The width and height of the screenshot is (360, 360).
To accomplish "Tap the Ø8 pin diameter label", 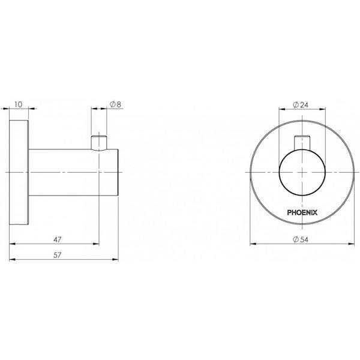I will pos(115,104).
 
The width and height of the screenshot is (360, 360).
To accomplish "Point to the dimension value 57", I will pos(58,255).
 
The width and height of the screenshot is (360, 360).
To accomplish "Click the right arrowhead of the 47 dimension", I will pos(97,244).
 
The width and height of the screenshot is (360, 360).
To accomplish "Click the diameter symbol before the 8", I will pos(112,104).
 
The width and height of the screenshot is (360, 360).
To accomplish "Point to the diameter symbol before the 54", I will pos(294,238).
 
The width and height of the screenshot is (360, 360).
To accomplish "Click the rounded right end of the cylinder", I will pos(120,173).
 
